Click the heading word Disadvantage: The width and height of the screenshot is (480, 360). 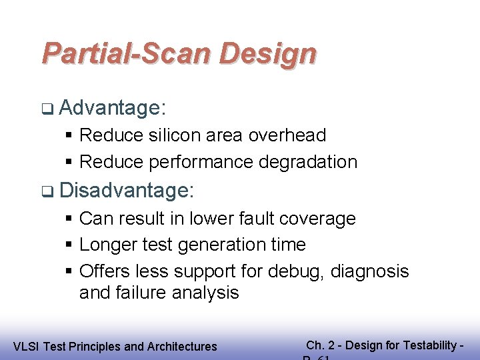[x=127, y=191]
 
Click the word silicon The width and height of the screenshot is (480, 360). [x=175, y=135]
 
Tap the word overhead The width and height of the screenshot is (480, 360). [x=287, y=135]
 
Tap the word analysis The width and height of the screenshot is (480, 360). [x=206, y=293]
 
